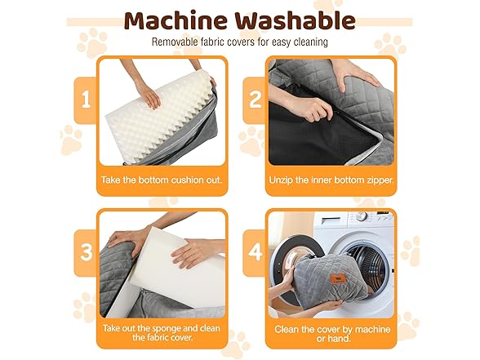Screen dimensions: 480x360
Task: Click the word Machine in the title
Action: pyautogui.click(x=176, y=21)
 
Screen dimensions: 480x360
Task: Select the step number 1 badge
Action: pyautogui.click(x=86, y=100)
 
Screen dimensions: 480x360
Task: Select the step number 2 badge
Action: pyautogui.click(x=255, y=100)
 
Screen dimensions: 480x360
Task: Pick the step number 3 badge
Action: pyautogui.click(x=86, y=253)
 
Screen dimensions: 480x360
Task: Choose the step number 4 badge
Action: pyautogui.click(x=255, y=253)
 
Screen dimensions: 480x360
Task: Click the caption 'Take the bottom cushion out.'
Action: pyautogui.click(x=162, y=180)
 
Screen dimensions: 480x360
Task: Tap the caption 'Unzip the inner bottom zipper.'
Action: pyautogui.click(x=331, y=180)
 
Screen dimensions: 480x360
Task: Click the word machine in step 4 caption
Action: pyautogui.click(x=373, y=330)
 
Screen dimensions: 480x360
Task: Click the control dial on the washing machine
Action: pyautogui.click(x=361, y=216)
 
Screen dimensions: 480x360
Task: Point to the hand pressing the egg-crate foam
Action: pyautogui.click(x=149, y=96)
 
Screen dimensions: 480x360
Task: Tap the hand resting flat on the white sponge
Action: pyautogui.click(x=190, y=252)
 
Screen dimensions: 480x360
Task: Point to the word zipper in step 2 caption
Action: pyautogui.click(x=380, y=180)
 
